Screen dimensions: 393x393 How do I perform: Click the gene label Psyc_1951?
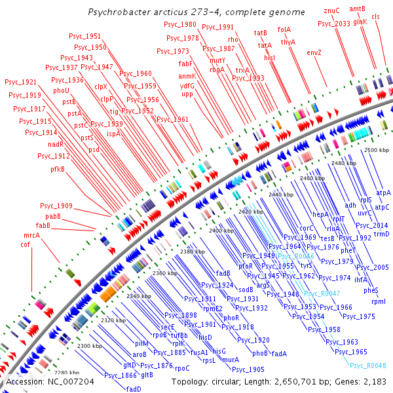click(x=84, y=37)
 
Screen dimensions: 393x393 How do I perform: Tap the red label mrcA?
click(x=31, y=234)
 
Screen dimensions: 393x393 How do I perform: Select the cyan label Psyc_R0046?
click(x=295, y=256)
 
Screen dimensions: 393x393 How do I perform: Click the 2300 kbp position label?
click(x=90, y=345)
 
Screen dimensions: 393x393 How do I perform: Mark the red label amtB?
click(x=357, y=9)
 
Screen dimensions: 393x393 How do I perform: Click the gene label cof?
click(x=26, y=244)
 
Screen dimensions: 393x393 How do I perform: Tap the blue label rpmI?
click(x=378, y=301)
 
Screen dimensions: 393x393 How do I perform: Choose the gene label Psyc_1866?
click(x=119, y=375)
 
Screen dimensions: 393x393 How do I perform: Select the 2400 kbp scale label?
click(x=222, y=231)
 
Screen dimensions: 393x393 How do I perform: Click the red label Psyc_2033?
click(x=334, y=24)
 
